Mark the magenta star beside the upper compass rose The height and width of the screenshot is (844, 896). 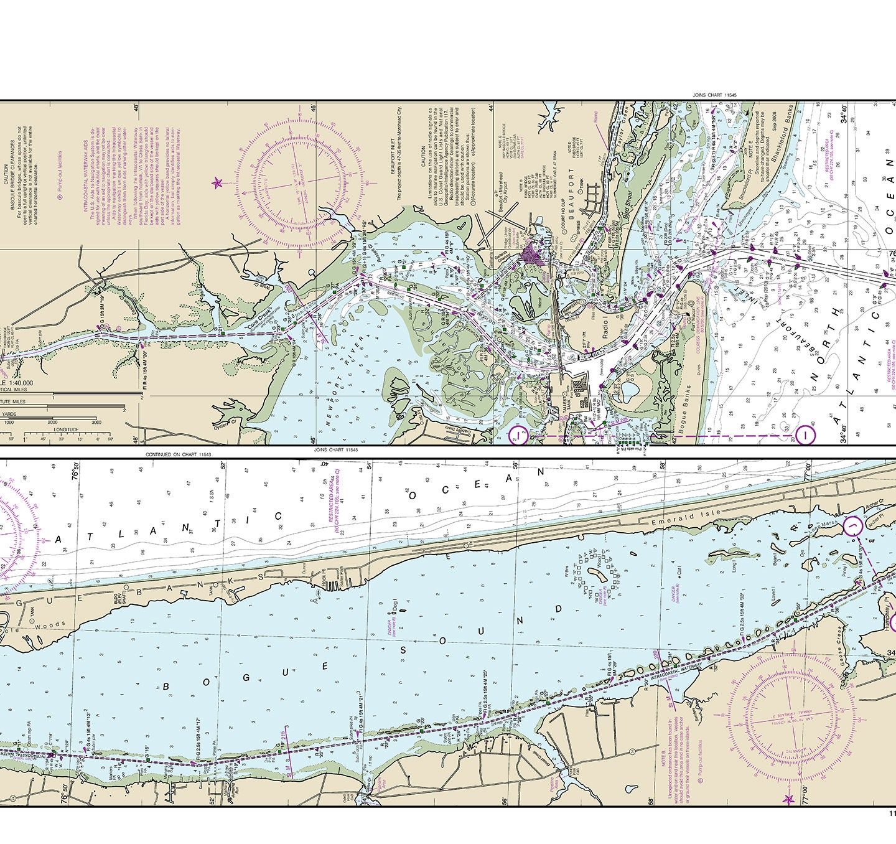[x=217, y=183]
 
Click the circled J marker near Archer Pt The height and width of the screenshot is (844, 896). [x=852, y=528]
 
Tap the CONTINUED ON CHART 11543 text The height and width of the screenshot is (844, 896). [x=179, y=454]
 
